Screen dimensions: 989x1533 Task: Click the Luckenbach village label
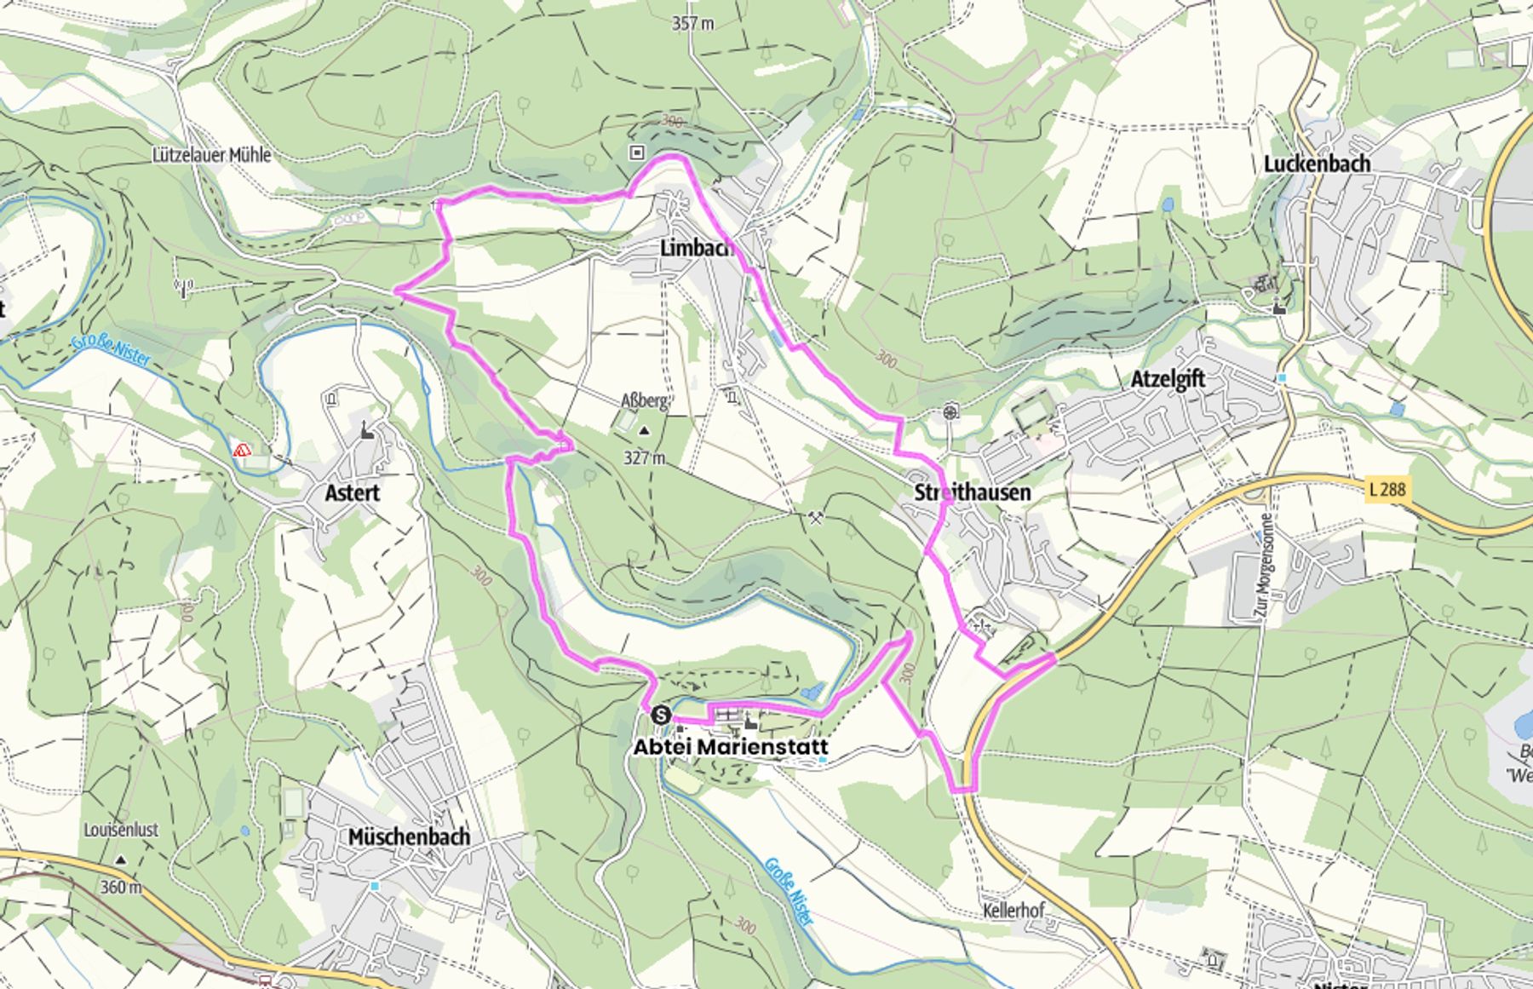(x=1317, y=164)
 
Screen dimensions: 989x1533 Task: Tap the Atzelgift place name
(x=1167, y=379)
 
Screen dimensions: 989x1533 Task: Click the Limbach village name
(x=696, y=248)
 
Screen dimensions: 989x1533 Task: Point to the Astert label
(x=352, y=492)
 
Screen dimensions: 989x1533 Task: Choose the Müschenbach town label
(x=409, y=837)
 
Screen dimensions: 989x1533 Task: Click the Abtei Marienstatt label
(x=730, y=747)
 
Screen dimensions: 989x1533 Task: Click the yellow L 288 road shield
(x=1387, y=489)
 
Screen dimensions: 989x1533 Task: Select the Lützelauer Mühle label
(x=211, y=155)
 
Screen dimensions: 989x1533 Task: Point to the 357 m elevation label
(x=692, y=24)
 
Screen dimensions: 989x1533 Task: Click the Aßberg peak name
(x=644, y=400)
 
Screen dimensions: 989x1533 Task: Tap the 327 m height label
(x=644, y=457)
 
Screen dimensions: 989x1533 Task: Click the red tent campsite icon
(x=242, y=449)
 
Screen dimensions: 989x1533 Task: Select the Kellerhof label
(x=1013, y=911)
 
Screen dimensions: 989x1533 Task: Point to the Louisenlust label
(x=121, y=829)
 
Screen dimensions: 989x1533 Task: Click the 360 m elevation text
(x=121, y=887)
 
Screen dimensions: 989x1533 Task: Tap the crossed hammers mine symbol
(x=816, y=517)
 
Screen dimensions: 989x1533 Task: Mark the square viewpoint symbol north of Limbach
(x=637, y=152)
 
